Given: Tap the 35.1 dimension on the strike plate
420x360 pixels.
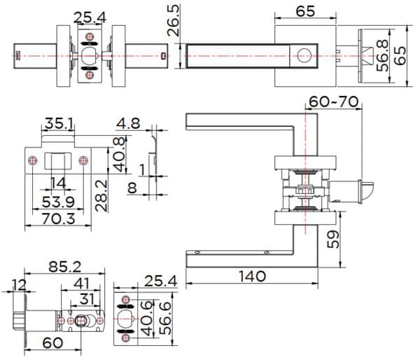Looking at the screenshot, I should coord(59,124).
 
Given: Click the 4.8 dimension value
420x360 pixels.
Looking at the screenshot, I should coord(129,124).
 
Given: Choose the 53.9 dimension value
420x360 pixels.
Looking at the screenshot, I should coord(59,202).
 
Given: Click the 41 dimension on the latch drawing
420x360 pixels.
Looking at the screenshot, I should coord(83,284).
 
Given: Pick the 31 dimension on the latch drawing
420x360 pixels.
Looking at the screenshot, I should coord(87,300).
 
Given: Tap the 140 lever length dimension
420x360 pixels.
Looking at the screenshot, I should coord(251,276).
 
